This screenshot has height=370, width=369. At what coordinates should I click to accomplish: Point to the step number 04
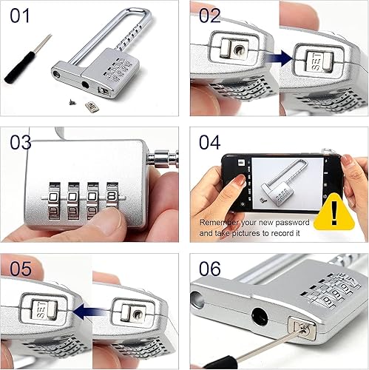click(210, 141)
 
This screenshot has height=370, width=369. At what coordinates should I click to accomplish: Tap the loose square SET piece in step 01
click(92, 110)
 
